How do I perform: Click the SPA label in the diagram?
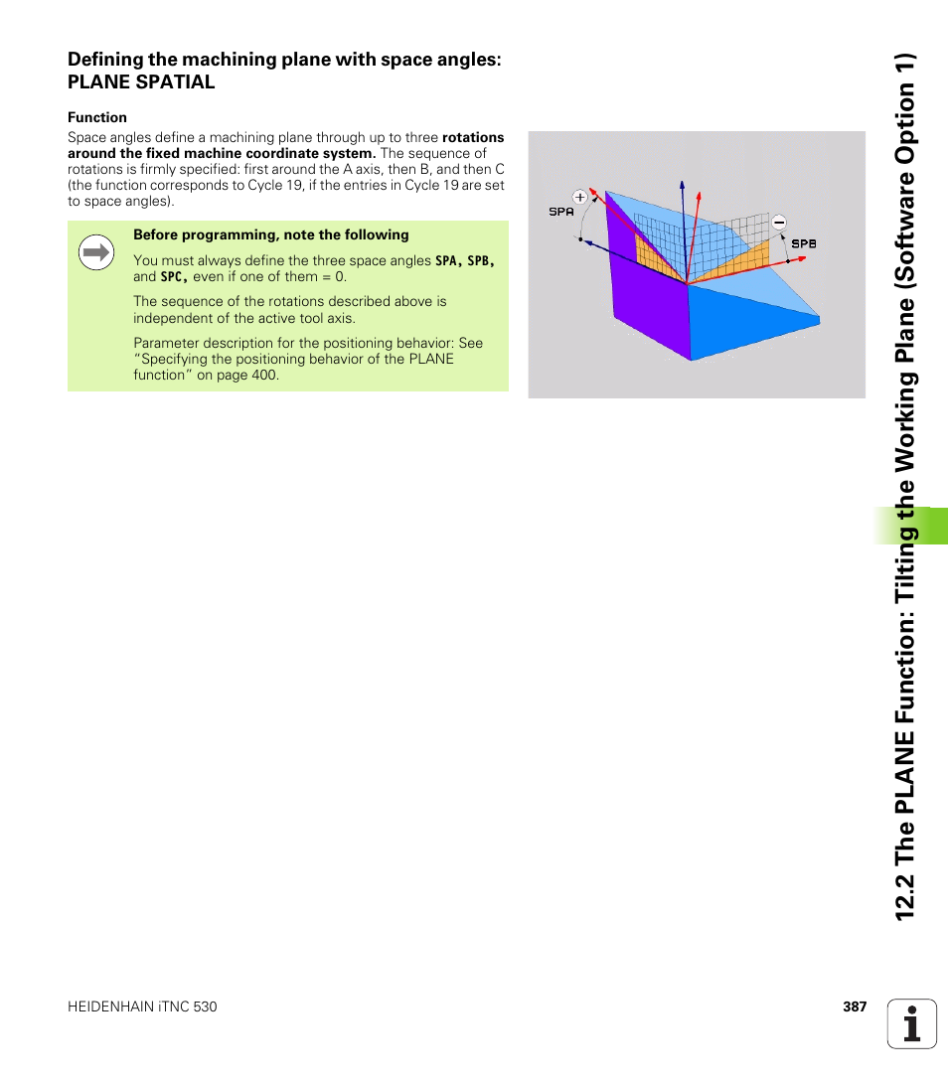pos(561,212)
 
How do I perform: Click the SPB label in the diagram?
pos(803,242)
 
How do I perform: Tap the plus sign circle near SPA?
pos(580,197)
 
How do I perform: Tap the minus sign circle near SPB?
pos(778,223)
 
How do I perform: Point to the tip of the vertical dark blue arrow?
pos(683,184)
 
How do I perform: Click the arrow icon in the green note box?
pos(95,253)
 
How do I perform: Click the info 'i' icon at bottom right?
pos(912,1023)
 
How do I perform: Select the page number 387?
pos(855,1007)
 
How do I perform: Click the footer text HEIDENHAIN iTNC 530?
pos(142,1007)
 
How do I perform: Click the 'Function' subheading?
pos(97,117)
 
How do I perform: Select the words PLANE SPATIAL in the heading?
pos(141,82)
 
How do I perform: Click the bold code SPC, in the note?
pos(174,277)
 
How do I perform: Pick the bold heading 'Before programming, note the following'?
pos(271,235)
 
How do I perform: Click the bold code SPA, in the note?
pos(449,261)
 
